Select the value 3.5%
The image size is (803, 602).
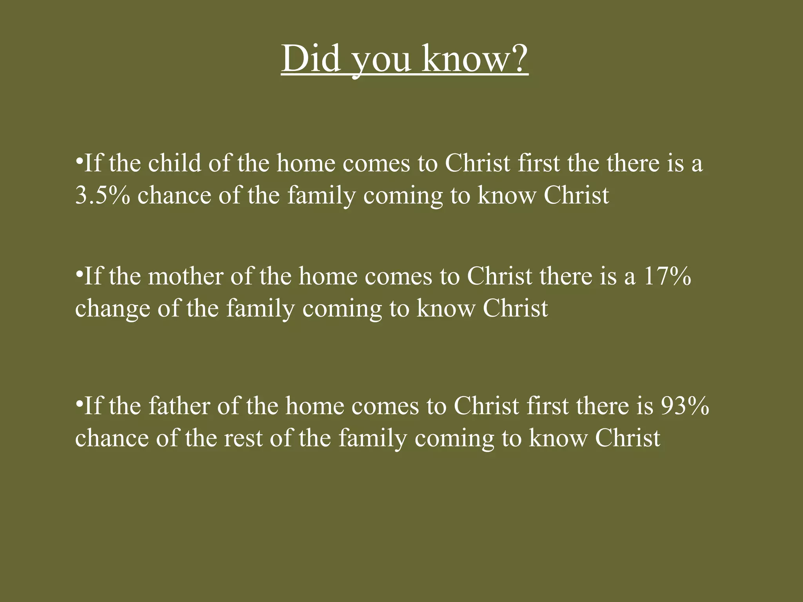(x=102, y=195)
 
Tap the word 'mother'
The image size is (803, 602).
(x=185, y=276)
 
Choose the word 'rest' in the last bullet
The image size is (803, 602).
(x=243, y=438)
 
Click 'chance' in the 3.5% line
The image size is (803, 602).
(x=174, y=196)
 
